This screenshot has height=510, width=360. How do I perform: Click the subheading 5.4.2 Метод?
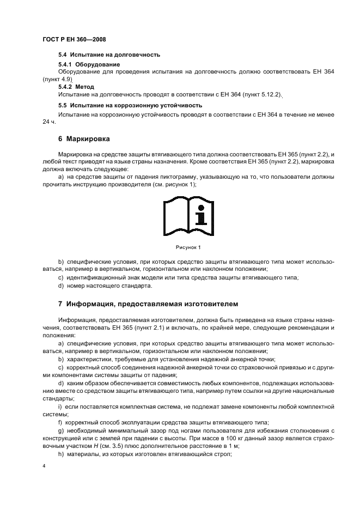[76, 87]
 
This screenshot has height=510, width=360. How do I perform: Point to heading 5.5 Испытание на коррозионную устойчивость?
[130, 105]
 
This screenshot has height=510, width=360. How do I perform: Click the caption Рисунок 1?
[187, 247]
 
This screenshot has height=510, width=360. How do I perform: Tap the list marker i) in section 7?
[60, 406]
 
